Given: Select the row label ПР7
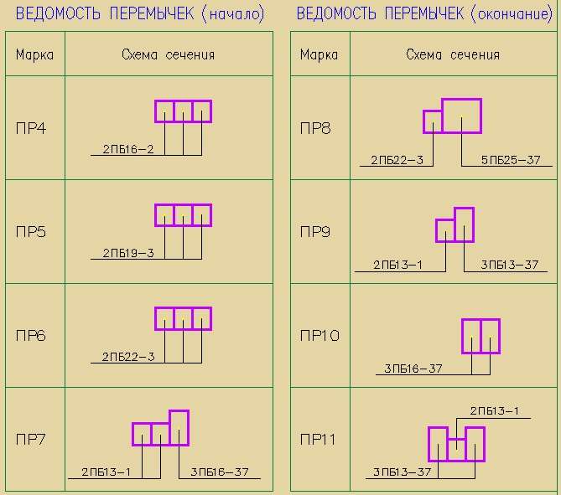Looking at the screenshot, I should coord(31,439).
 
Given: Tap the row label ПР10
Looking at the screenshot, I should coord(319,336).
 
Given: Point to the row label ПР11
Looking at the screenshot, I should coord(319,439).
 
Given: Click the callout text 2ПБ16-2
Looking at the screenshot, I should coord(128,149).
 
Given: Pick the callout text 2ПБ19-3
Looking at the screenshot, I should coord(128,252).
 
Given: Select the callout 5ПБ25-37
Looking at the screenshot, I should coord(511,159).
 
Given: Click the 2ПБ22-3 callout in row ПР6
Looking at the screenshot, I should coord(128,356).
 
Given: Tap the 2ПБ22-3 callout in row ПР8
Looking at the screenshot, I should coord(397,159).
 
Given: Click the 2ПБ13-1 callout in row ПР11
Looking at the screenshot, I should coord(495,410).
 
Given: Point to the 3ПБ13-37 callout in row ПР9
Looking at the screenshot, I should coord(509,264).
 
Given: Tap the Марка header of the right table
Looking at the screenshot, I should coord(319,54).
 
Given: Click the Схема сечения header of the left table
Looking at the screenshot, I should coord(168,54).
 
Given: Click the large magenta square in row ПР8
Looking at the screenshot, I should coord(461,116).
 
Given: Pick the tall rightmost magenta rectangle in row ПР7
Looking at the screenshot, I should coord(179,427).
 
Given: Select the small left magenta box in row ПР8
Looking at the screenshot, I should coord(433,121).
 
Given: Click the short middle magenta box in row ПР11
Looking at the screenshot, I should coord(456,450).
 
